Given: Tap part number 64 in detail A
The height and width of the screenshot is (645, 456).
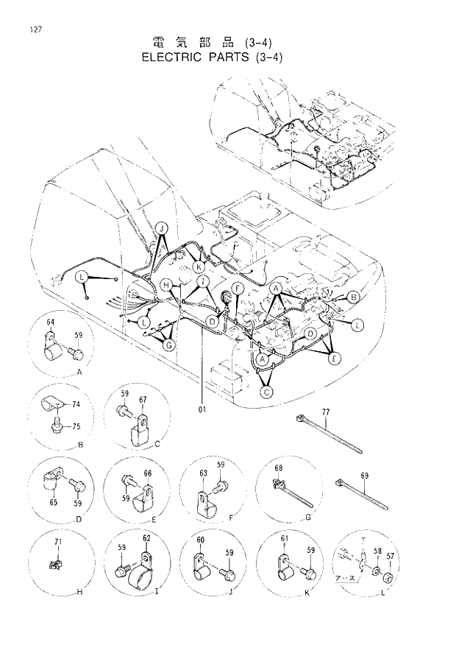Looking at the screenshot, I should coord(51,322).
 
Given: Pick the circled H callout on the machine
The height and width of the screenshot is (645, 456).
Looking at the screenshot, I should coord(167,285).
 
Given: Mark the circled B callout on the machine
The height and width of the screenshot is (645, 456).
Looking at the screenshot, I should coord(353,297).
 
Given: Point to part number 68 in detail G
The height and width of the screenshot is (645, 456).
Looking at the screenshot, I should coord(279,468).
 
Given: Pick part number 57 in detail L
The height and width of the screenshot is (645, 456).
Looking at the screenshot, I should coord(390,559).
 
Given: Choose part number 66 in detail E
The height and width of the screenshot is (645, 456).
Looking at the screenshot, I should coord(147,473).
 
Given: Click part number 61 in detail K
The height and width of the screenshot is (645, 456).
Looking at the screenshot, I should coord(285,539).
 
